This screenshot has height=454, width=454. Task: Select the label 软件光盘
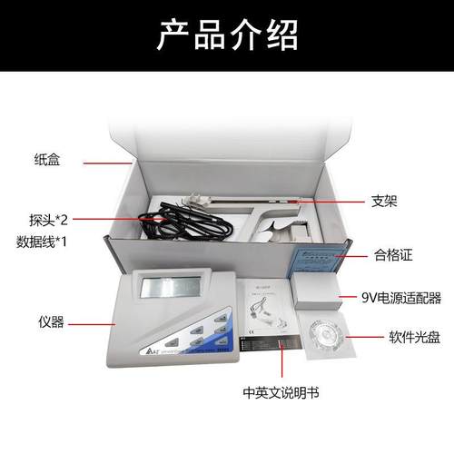(398, 336)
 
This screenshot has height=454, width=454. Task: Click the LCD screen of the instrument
(170, 291)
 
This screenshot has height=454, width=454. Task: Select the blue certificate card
(314, 257)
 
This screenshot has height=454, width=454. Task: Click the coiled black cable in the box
(159, 227)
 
